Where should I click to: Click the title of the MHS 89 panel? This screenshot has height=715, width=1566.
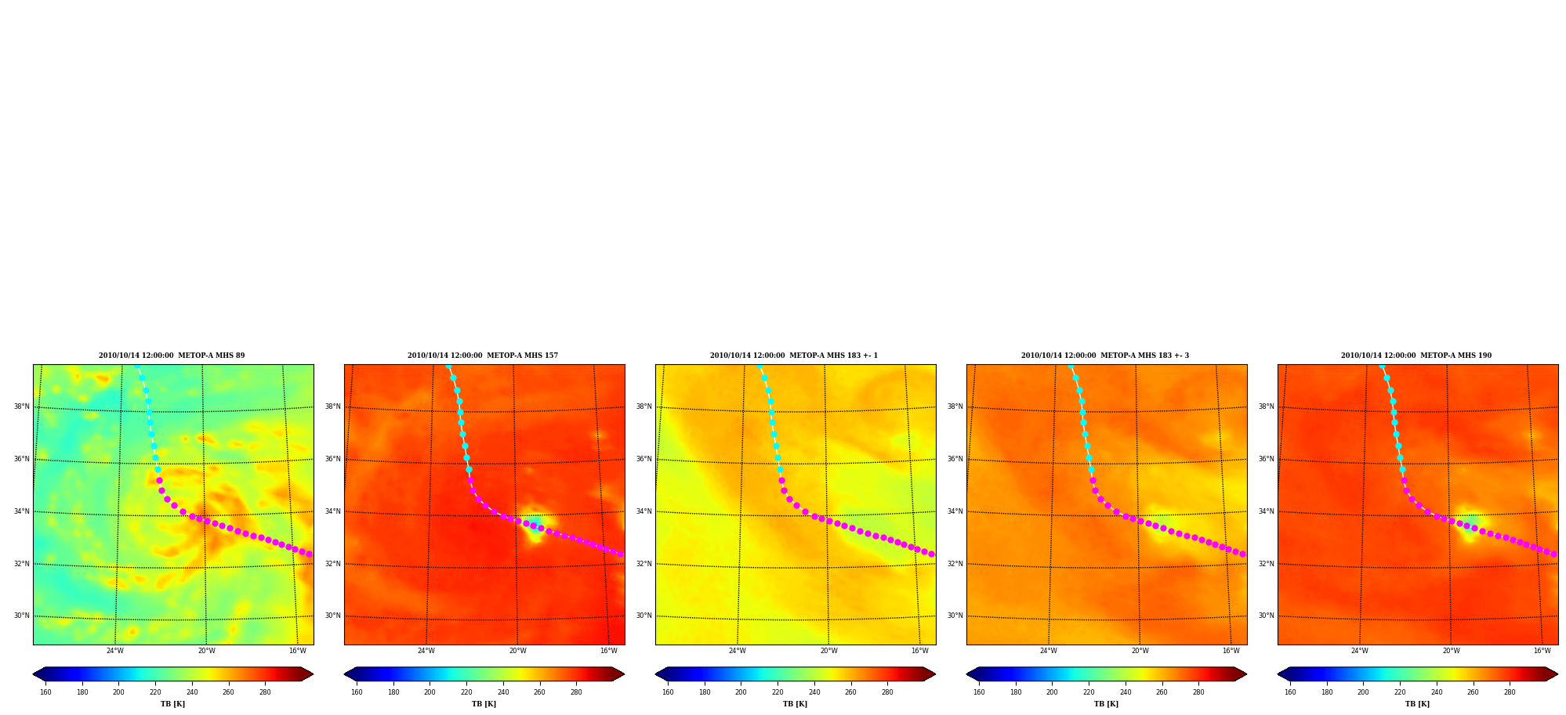point(172,356)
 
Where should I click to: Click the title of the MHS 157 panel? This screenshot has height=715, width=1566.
point(483,356)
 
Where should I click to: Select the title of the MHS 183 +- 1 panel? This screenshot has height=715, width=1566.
point(794,356)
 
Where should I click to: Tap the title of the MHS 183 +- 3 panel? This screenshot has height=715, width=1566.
point(1105,356)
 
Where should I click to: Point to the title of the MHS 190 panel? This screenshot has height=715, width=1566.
point(1416,356)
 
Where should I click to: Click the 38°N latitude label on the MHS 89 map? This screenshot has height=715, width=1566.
point(21,406)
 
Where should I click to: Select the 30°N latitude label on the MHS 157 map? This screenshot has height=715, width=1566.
point(332,616)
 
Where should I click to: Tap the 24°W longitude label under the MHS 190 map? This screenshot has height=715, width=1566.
point(1359,651)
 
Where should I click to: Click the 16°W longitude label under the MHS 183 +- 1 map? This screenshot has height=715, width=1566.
point(919,651)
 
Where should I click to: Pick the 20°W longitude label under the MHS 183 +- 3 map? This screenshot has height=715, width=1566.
point(1140,651)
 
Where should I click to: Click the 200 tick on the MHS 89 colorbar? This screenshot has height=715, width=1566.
point(118,692)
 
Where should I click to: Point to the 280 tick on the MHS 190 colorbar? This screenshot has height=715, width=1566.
point(1510,692)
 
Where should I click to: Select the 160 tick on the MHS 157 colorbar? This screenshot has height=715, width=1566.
point(357,692)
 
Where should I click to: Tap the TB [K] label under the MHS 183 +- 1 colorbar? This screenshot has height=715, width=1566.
point(795,704)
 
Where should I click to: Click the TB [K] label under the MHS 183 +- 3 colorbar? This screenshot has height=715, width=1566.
point(1106,704)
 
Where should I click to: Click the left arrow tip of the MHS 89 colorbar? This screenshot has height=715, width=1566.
point(33,674)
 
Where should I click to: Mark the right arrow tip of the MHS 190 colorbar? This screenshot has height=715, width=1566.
point(1558,674)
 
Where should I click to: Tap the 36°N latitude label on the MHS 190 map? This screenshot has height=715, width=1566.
point(1266,459)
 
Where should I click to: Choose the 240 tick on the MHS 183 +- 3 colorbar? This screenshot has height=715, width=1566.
point(1125,692)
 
